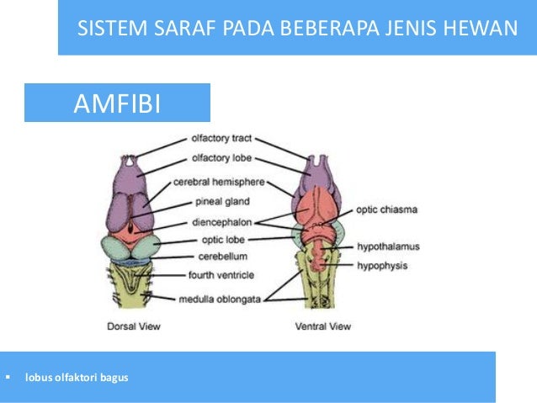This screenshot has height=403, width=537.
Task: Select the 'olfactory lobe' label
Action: [218, 158]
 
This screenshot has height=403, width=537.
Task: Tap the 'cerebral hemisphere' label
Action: [219, 182]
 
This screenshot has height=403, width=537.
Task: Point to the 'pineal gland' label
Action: [218, 202]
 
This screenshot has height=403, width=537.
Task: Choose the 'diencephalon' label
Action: [218, 223]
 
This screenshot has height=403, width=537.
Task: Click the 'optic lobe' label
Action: [218, 240]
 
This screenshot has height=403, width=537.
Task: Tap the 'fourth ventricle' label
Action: [218, 273]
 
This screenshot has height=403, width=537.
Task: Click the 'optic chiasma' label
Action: [386, 209]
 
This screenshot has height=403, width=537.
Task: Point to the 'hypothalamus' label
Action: [387, 247]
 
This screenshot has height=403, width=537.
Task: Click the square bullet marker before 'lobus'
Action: [8, 375]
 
